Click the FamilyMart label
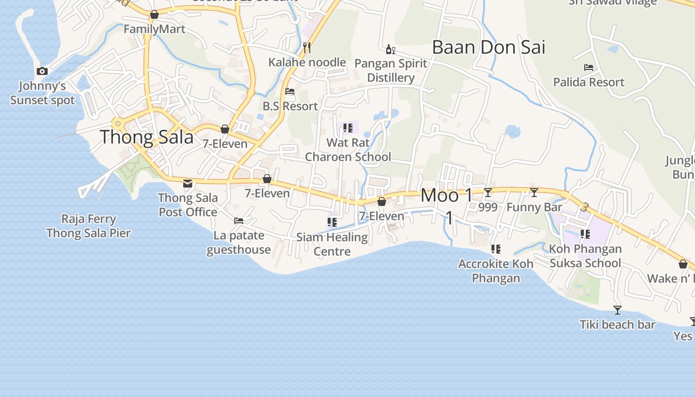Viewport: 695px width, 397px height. click(x=154, y=29)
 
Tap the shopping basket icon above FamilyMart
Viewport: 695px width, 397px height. click(x=154, y=15)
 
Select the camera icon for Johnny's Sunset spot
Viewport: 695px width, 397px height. click(x=42, y=71)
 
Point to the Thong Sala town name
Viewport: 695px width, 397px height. click(x=147, y=137)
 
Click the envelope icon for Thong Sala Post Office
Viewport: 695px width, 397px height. click(x=188, y=184)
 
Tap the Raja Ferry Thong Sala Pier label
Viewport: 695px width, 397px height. click(x=88, y=226)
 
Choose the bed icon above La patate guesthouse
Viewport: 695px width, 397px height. click(x=239, y=220)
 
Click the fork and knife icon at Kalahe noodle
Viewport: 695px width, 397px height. click(x=307, y=48)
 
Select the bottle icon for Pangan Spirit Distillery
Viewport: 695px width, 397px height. click(x=391, y=49)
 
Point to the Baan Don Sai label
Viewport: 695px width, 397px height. click(x=488, y=48)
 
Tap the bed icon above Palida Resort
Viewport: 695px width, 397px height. click(x=589, y=67)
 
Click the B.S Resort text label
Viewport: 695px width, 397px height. click(x=290, y=106)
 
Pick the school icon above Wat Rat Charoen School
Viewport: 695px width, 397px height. click(x=347, y=128)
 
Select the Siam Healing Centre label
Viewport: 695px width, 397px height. click(x=332, y=244)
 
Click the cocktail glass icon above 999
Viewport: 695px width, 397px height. click(x=488, y=193)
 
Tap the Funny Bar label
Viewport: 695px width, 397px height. click(x=534, y=207)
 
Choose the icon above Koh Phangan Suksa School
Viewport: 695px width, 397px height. click(x=585, y=234)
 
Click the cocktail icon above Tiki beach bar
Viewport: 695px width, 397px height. click(x=618, y=310)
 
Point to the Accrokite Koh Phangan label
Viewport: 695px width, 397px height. click(x=495, y=270)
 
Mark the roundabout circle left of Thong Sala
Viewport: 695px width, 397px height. click(x=118, y=124)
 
